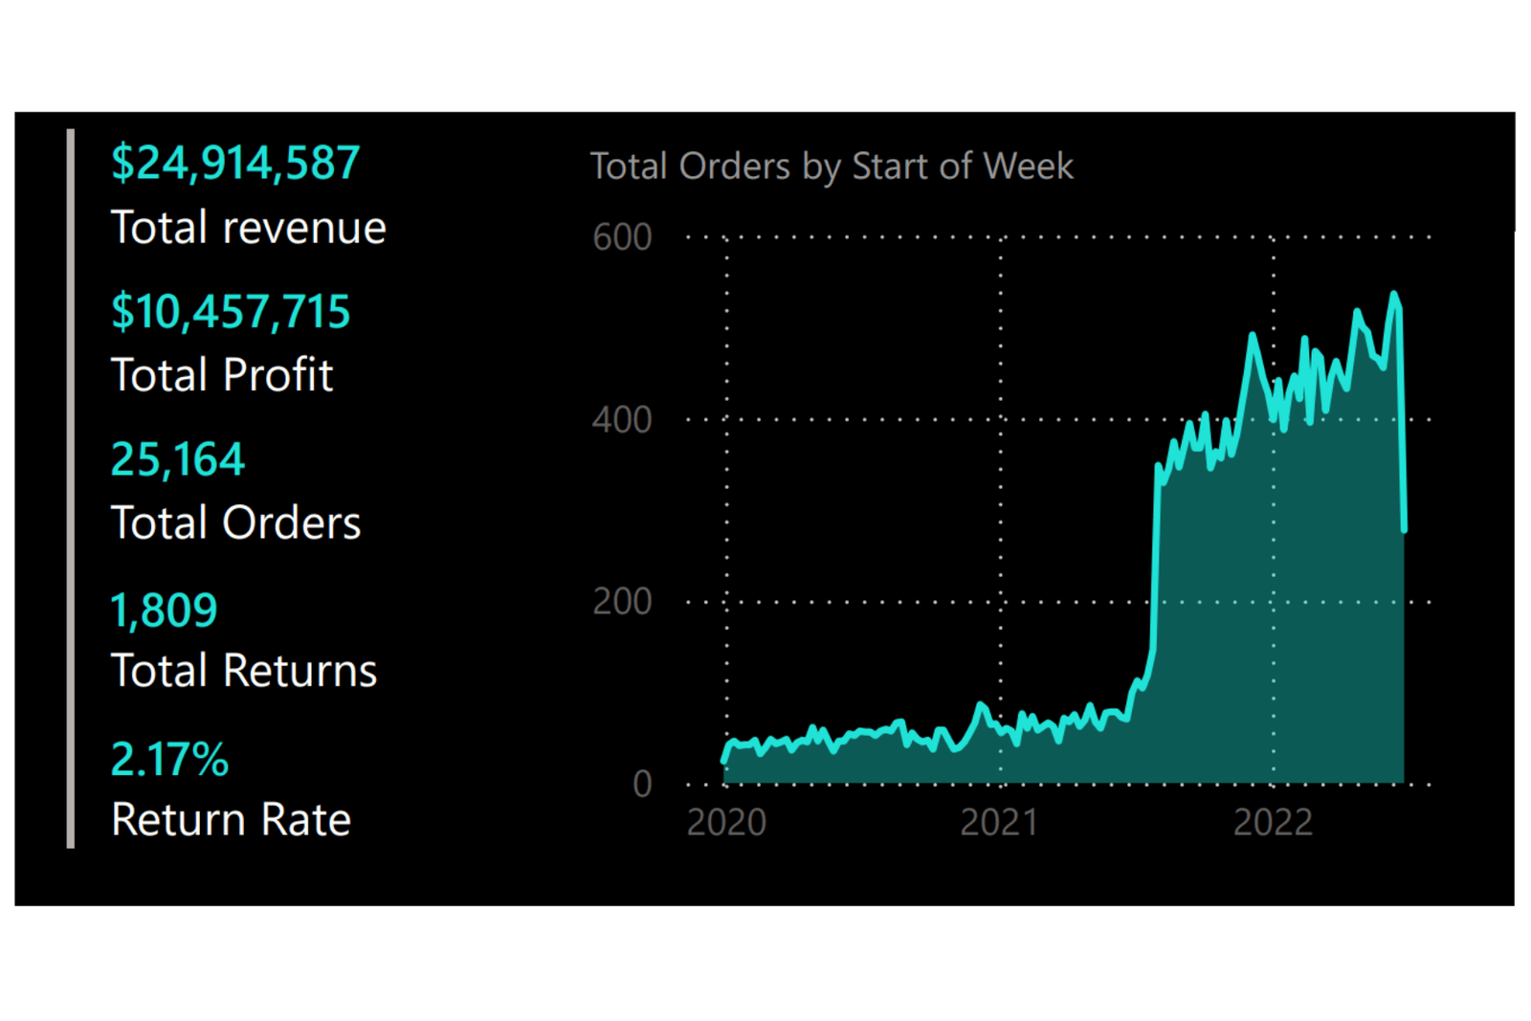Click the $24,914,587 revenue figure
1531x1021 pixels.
[x=235, y=164]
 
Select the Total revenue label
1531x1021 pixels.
[x=248, y=228]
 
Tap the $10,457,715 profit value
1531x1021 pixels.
[x=231, y=312]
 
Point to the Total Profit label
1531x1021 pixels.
[x=222, y=375]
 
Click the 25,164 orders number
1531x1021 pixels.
[x=178, y=460]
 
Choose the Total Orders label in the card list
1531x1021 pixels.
[x=235, y=523]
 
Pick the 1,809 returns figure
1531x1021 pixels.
[x=164, y=610]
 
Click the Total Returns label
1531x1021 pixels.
[x=244, y=671]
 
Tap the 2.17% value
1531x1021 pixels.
[x=169, y=760]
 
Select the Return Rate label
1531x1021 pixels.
[x=231, y=820]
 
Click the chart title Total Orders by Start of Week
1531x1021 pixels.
[x=832, y=166]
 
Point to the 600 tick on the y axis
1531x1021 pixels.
[x=622, y=237]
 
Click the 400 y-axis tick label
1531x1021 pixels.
[x=622, y=420]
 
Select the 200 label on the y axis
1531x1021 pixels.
[x=622, y=602]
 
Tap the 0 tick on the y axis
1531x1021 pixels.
[x=642, y=785]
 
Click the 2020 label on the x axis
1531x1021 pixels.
[x=726, y=823]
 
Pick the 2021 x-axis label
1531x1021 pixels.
[x=999, y=823]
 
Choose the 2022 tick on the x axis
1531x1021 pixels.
[x=1273, y=823]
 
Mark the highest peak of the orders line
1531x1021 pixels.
[x=1394, y=294]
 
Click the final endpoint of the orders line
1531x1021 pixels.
[x=1404, y=529]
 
